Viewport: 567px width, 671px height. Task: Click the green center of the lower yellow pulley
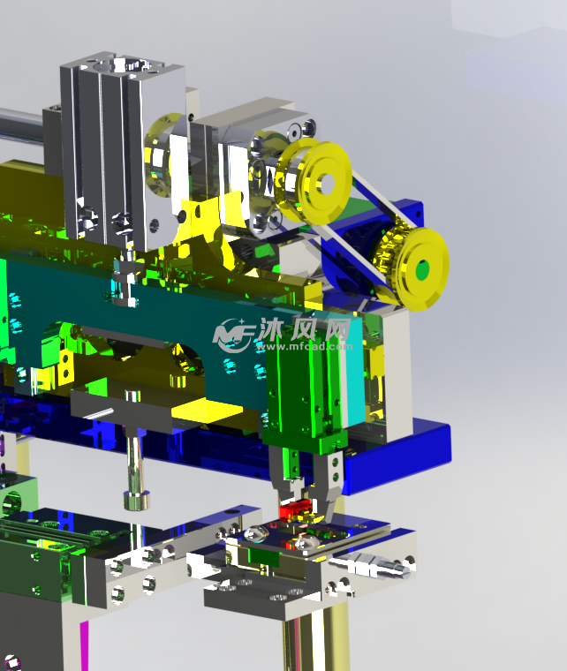(x=422, y=270)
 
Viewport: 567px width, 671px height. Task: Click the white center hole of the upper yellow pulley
(x=327, y=183)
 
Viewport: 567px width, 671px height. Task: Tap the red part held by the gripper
(x=294, y=511)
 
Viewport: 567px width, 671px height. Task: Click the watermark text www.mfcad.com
(x=304, y=346)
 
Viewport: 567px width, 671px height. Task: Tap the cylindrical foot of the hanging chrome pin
(x=137, y=501)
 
